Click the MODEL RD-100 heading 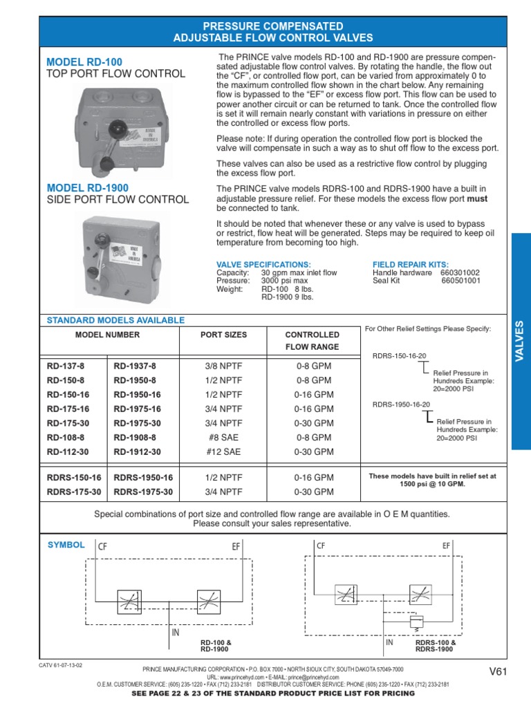84,62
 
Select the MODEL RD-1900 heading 87,188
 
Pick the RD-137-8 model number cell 66,366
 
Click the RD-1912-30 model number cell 137,451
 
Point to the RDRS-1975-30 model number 143,492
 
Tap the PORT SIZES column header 223,335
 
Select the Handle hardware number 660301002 460,273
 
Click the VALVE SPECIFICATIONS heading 263,265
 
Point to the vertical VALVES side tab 521,342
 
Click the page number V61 498,670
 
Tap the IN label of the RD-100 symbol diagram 176,632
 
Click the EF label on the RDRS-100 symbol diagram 446,546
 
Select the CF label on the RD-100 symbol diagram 103,546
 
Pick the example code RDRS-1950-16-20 401,404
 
